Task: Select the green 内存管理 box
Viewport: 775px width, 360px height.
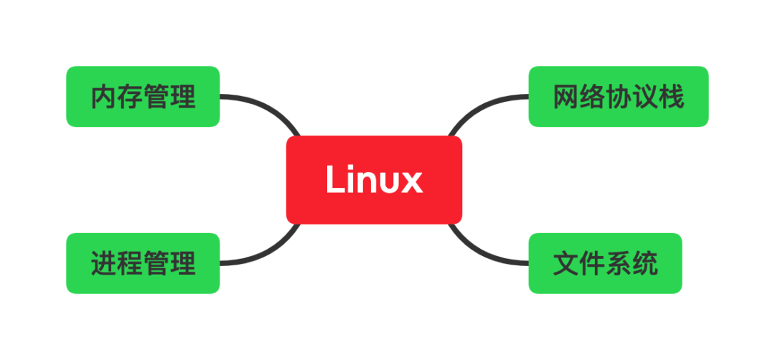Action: tap(143, 97)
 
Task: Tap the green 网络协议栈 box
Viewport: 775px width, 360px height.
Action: tap(619, 97)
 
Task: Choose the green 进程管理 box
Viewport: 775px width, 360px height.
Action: tap(143, 263)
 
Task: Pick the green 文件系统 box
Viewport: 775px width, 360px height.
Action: tap(605, 263)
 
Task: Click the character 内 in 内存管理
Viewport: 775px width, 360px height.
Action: tap(104, 97)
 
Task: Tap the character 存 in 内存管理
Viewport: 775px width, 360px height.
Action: tap(130, 97)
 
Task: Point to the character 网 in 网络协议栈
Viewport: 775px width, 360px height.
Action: tap(566, 97)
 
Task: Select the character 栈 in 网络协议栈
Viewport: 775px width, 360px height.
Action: tap(671, 97)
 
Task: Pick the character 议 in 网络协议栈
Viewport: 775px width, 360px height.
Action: tap(645, 97)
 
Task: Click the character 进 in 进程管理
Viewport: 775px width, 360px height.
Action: tap(104, 263)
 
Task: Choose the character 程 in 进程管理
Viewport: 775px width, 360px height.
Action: tap(130, 263)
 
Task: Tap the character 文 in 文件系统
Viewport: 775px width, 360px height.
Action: tap(566, 263)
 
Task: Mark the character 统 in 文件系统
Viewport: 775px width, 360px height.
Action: tap(644, 263)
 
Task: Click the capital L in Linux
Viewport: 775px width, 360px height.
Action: tap(335, 179)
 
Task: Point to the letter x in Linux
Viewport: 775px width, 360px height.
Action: tap(412, 182)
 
